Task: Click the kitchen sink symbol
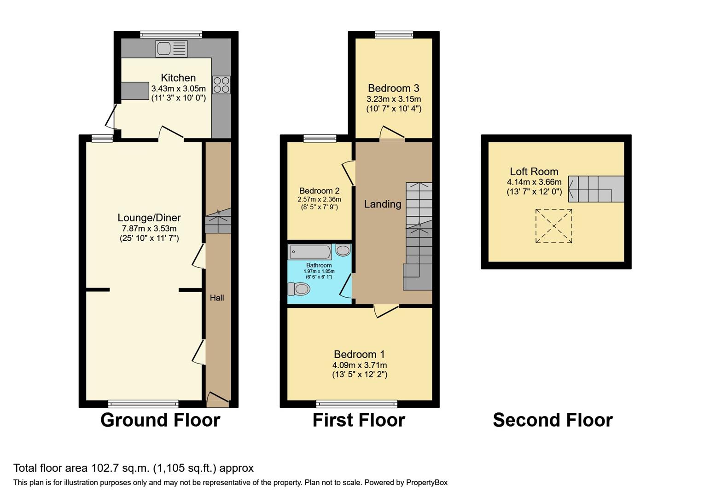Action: pos(171,48)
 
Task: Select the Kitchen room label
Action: pos(178,78)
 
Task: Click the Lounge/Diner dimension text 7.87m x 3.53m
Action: pos(149,228)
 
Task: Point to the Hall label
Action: pos(217,298)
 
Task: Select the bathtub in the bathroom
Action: pos(309,252)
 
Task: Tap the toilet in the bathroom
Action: pos(299,289)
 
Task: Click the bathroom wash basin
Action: pos(343,250)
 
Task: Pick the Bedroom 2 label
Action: pos(319,191)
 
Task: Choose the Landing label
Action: pos(383,204)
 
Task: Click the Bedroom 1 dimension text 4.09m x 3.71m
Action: pos(360,365)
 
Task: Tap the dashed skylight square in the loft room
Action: pos(553,226)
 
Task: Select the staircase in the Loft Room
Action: pos(596,189)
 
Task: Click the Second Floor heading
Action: pos(553,420)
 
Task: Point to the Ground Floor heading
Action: pos(160,420)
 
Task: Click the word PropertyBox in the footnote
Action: pos(426,482)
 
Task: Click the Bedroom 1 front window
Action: pos(357,404)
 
